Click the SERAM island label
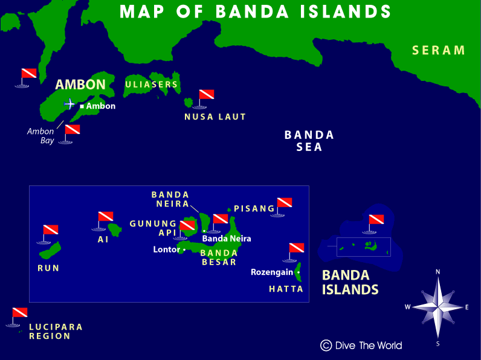click(x=439, y=50)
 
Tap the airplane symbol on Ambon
click(x=69, y=104)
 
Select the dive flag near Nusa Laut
click(x=206, y=95)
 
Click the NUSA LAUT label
click(x=215, y=117)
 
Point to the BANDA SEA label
click(x=309, y=141)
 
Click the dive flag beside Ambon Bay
click(x=72, y=130)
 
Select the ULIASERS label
click(x=152, y=85)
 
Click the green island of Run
click(x=50, y=249)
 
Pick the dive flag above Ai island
click(x=105, y=217)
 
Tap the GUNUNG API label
click(x=153, y=228)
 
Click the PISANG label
click(x=254, y=208)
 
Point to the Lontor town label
click(x=166, y=249)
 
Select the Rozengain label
click(x=272, y=272)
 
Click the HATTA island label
click(x=286, y=289)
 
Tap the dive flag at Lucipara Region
click(x=19, y=313)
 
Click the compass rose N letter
click(x=437, y=272)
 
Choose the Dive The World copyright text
click(x=361, y=346)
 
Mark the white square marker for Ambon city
click(x=82, y=106)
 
